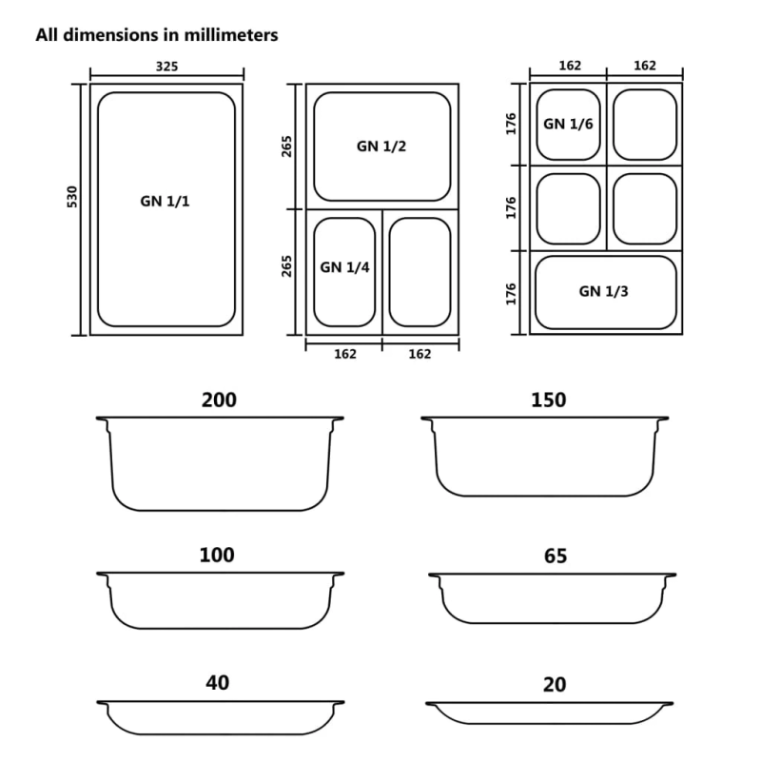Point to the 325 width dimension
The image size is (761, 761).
(166, 67)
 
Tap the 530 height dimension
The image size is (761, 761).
(72, 198)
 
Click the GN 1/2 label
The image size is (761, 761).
(382, 146)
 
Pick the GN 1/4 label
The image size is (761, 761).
(344, 267)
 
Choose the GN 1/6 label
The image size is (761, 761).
(567, 124)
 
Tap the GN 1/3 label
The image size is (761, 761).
(603, 291)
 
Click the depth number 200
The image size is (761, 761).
(219, 400)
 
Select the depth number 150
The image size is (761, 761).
(548, 400)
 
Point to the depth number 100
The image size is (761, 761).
(217, 556)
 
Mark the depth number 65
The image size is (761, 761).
(556, 556)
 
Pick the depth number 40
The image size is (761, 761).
(217, 683)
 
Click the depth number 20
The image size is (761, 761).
(556, 683)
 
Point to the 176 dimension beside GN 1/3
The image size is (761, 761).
(511, 292)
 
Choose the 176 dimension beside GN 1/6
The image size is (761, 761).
(511, 124)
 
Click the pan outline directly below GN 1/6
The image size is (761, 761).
(569, 208)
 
